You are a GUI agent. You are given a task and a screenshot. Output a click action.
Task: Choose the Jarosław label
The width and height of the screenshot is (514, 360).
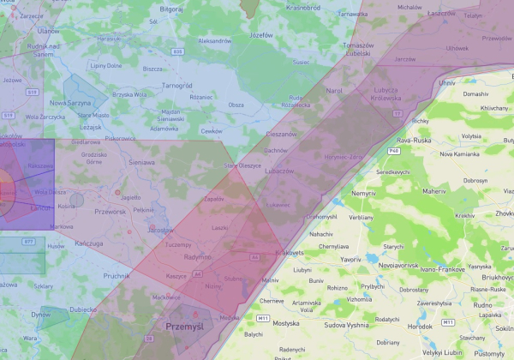[x=159, y=230]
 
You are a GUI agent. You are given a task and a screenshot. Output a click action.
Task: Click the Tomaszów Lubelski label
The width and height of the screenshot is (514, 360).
[x=356, y=49]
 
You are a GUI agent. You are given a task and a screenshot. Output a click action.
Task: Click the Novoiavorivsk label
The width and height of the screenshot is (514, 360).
[x=404, y=266]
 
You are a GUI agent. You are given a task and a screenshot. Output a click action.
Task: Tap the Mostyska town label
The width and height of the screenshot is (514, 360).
[x=285, y=323]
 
